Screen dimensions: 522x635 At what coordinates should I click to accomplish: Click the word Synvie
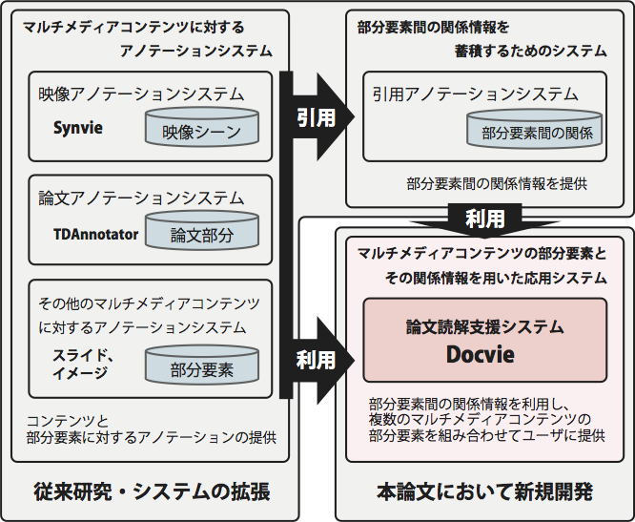[78, 126]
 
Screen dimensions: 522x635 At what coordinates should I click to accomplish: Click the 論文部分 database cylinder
[202, 234]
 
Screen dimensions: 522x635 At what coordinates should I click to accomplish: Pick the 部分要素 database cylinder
[202, 367]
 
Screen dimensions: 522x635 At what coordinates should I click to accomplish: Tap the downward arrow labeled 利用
[485, 219]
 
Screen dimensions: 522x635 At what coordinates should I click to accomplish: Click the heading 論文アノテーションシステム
[141, 198]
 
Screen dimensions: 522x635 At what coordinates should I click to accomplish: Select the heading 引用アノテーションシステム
[476, 94]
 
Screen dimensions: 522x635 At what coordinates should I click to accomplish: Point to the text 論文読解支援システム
[485, 326]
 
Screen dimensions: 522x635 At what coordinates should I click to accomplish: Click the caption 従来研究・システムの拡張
[150, 492]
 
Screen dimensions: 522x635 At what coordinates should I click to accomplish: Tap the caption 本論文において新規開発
[485, 492]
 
